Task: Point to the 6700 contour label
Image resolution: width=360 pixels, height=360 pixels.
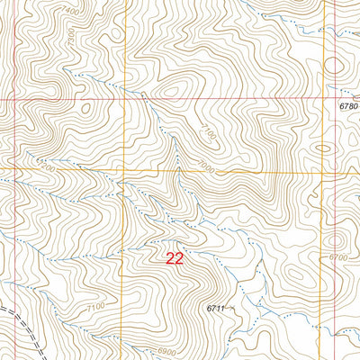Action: (338, 257)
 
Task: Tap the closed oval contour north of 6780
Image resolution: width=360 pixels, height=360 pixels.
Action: (335, 66)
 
